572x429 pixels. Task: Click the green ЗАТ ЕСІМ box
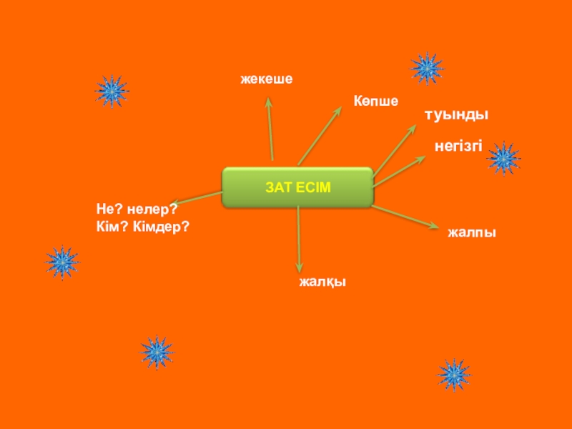[x=297, y=187]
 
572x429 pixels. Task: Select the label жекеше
[x=267, y=79]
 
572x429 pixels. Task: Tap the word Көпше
[x=375, y=102]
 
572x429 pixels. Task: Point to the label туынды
[x=457, y=114]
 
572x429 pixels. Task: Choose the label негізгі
[x=458, y=146]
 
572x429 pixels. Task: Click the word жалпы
[x=472, y=232]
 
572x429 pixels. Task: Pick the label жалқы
[x=322, y=282]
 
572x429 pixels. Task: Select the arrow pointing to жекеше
[x=270, y=129]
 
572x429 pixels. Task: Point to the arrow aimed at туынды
[x=393, y=151]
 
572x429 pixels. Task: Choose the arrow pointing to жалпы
[x=404, y=217]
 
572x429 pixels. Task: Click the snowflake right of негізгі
[x=503, y=158]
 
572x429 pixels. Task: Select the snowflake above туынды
[x=428, y=69]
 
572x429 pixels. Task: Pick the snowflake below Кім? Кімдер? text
[x=62, y=262]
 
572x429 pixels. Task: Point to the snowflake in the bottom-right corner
[x=453, y=374]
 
